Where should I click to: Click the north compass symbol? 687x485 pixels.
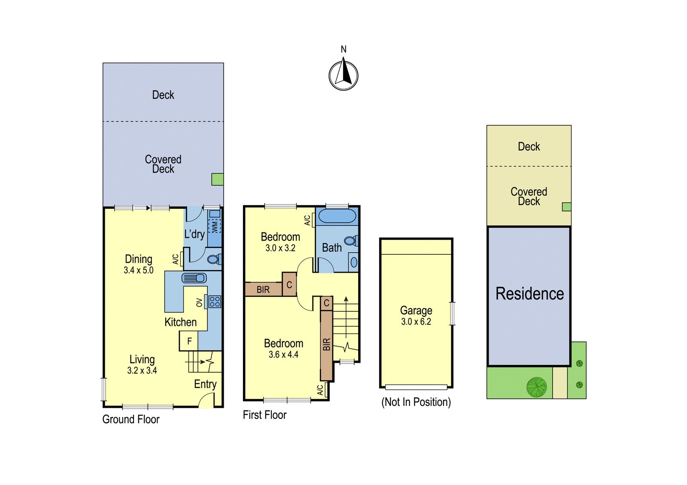pos(343,75)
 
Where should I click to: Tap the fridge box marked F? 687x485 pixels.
pos(188,341)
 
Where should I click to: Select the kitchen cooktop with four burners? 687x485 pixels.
pos(215,301)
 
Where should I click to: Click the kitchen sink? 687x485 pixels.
pos(194,278)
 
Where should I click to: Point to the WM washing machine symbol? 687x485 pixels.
pos(214,227)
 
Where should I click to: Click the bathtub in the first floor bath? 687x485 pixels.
pos(337,216)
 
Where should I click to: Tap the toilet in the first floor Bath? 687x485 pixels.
pos(351,241)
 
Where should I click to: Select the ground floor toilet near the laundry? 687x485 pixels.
pos(214,260)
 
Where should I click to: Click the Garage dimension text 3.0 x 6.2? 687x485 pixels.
pos(416,322)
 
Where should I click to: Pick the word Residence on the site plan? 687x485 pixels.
pos(530,293)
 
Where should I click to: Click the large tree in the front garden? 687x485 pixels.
pos(536,387)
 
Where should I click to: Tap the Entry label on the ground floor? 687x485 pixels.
pos(205,384)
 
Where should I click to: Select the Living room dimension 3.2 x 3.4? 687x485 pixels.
pos(142,371)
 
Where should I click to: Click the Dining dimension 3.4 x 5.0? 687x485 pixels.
pos(139,270)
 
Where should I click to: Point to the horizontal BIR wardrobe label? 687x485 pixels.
pos(263,289)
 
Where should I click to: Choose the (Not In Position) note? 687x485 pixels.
pos(416,402)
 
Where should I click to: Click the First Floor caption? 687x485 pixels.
pos(264,415)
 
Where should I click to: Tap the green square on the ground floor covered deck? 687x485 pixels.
pos(217,179)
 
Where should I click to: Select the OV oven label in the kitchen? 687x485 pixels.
pos(199,302)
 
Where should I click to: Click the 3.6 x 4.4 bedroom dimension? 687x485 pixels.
pos(283,355)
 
